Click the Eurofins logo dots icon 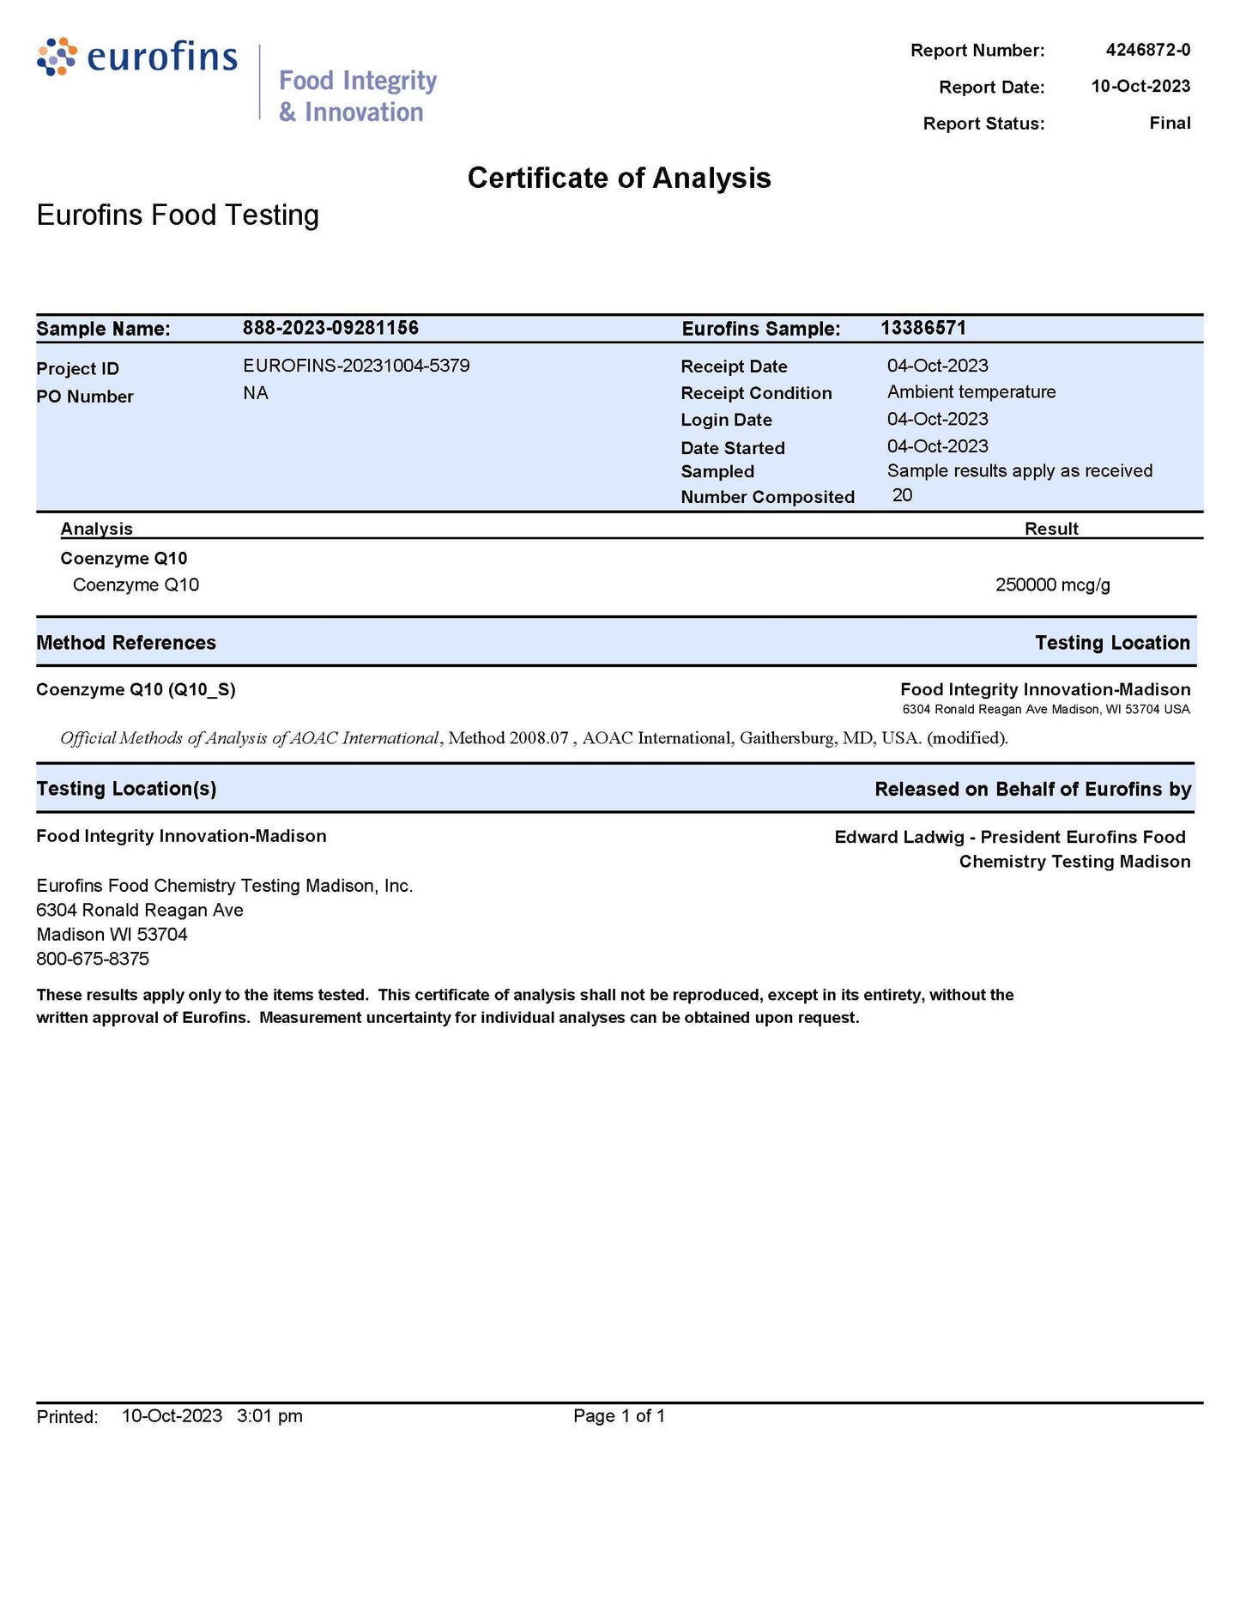tap(57, 57)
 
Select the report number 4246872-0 tap(1147, 50)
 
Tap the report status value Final tap(1170, 123)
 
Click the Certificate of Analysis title tap(619, 178)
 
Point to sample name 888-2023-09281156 tap(330, 328)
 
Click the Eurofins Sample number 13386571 tap(922, 328)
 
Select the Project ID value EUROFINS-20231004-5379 tap(356, 366)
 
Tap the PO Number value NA tap(256, 393)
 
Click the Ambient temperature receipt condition tap(971, 392)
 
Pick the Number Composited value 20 tap(902, 495)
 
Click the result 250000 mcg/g tap(1052, 585)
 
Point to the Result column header tap(1051, 529)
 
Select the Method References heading tap(126, 643)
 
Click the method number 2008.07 tap(538, 738)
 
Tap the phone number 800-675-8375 tap(93, 959)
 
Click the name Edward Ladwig tap(898, 837)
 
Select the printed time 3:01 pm tap(269, 1415)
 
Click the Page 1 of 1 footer tap(619, 1415)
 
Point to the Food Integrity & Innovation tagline tap(357, 96)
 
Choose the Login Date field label tap(726, 420)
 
